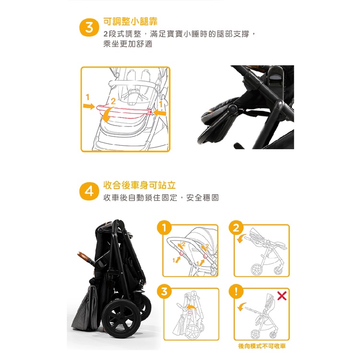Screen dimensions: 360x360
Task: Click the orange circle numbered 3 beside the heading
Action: click(89, 28)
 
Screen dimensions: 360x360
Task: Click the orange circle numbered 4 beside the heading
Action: click(89, 191)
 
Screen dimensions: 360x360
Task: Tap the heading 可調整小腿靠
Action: click(130, 22)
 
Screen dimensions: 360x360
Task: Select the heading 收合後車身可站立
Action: click(139, 185)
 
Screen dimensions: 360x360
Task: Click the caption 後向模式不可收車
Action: click(262, 346)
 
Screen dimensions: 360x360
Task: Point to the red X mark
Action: click(282, 296)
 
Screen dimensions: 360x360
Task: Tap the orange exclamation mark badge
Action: click(236, 291)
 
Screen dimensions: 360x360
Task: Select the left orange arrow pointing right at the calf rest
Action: click(89, 106)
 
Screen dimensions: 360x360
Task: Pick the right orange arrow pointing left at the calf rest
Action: click(159, 113)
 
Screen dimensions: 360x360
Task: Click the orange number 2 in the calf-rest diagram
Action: click(113, 101)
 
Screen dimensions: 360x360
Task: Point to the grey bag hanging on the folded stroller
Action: click(85, 308)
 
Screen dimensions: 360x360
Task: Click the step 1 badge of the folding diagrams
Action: click(164, 228)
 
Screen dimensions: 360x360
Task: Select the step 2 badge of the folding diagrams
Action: click(236, 228)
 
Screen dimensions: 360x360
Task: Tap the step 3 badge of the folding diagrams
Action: click(164, 291)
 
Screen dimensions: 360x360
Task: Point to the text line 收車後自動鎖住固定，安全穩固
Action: click(161, 197)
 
